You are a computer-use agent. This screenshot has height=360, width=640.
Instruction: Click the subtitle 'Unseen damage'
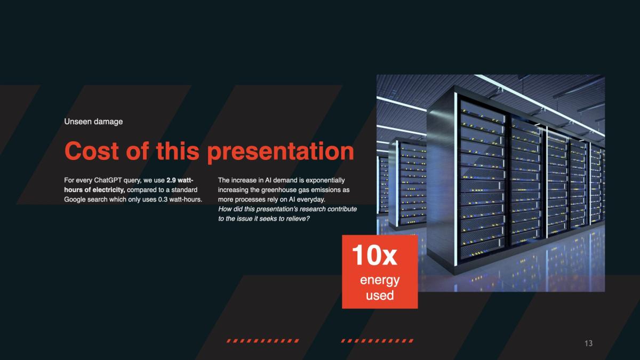(x=93, y=122)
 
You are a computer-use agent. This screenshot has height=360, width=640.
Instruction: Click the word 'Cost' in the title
(x=91, y=151)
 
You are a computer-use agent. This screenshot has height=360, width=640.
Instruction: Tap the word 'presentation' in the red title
(x=281, y=153)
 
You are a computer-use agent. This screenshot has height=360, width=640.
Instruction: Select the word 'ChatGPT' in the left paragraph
(x=108, y=180)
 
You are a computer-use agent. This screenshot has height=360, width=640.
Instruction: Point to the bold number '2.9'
(x=171, y=180)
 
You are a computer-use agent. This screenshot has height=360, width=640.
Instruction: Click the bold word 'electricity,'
(x=109, y=190)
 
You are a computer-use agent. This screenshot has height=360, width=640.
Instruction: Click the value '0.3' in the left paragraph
(x=163, y=199)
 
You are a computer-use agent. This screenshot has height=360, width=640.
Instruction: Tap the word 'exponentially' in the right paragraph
(x=325, y=181)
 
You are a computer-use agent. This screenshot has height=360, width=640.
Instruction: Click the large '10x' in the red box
(x=374, y=255)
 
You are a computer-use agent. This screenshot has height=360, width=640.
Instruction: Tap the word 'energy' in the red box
(x=380, y=281)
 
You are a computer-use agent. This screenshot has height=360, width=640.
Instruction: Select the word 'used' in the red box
(x=380, y=295)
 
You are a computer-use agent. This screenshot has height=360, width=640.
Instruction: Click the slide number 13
(x=589, y=343)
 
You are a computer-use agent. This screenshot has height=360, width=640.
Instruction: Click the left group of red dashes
(x=263, y=341)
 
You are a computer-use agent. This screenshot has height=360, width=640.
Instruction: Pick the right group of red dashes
(x=377, y=341)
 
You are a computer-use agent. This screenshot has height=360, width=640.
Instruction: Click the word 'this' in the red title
(x=178, y=151)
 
